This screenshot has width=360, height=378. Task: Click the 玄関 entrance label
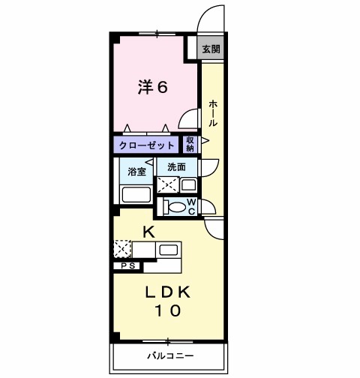(211, 50)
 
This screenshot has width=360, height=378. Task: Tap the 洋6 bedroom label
(152, 87)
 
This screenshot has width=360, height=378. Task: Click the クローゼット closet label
(145, 145)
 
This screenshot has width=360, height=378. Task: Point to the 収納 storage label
(190, 144)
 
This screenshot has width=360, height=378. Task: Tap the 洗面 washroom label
(177, 166)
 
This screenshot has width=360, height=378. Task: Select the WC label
(191, 206)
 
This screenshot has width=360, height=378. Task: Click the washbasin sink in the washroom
(188, 184)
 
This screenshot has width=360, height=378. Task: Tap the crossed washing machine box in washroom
(167, 184)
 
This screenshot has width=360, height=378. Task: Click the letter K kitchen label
(148, 232)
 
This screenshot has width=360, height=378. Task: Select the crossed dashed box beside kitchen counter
(122, 248)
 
